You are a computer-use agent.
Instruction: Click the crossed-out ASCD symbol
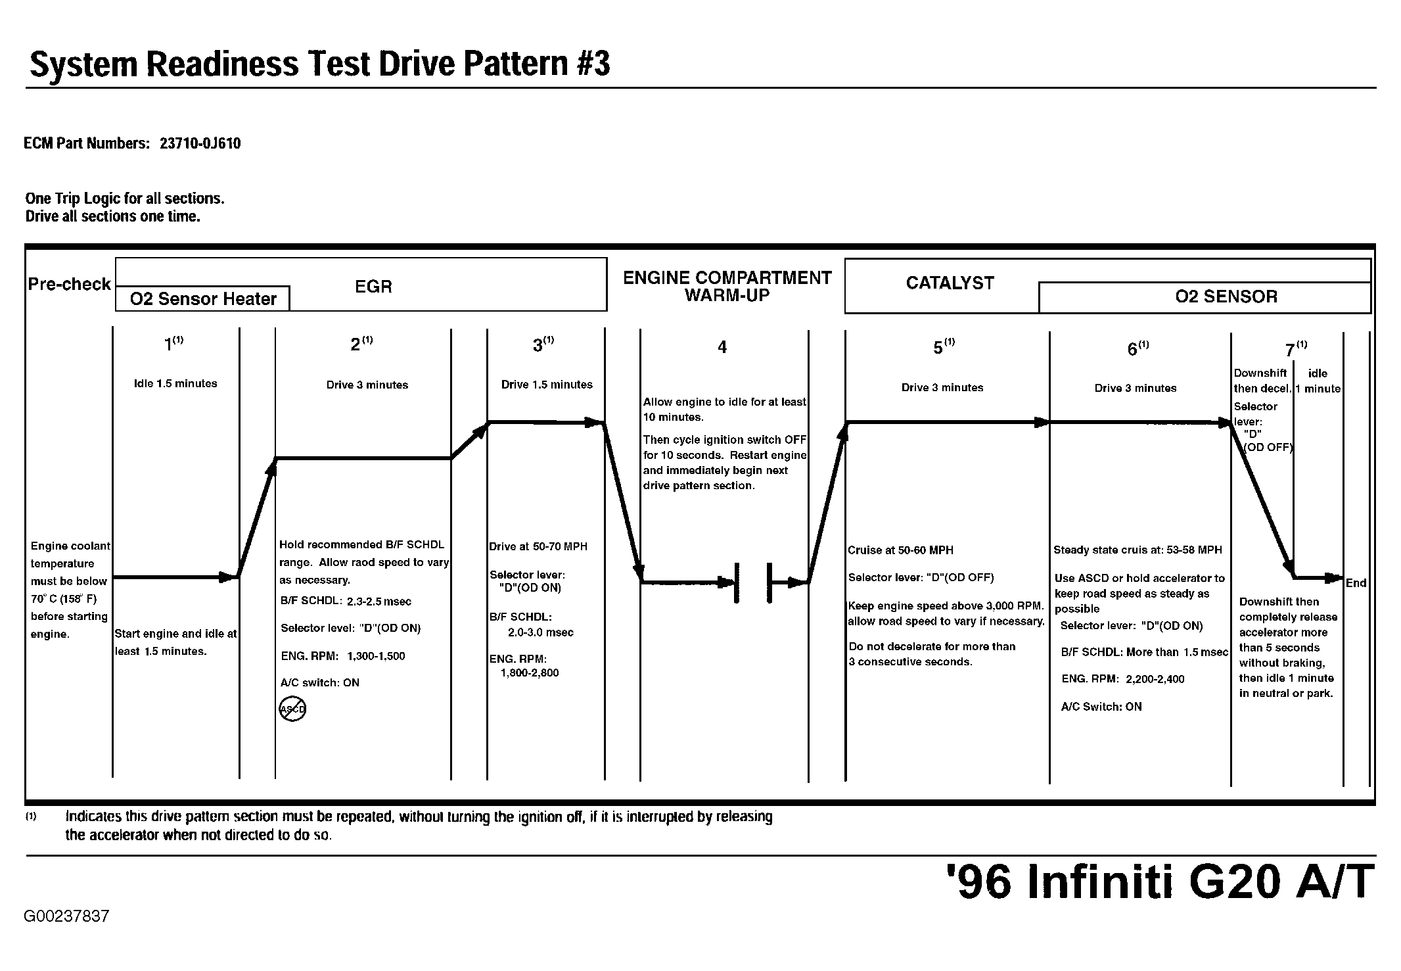[x=292, y=709]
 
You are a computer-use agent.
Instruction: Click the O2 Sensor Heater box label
[x=203, y=299]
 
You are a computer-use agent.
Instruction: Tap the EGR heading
[x=373, y=287]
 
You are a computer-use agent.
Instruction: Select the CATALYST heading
[x=950, y=283]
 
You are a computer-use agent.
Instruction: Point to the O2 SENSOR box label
[x=1226, y=296]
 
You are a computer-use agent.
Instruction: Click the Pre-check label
[x=69, y=284]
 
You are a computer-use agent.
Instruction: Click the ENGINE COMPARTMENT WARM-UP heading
[x=727, y=287]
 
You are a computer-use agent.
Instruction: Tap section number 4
[x=722, y=347]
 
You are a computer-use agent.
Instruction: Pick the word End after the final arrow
[x=1356, y=583]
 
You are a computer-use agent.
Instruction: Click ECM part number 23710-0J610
[x=200, y=143]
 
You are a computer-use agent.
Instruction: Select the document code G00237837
[x=66, y=916]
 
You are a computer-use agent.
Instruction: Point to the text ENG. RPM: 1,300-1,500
[x=342, y=656]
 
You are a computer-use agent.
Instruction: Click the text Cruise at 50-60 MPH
[x=900, y=550]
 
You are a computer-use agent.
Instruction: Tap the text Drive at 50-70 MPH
[x=538, y=546]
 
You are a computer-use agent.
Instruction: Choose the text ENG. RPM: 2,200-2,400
[x=1123, y=679]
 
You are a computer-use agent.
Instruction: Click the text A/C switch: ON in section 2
[x=320, y=682]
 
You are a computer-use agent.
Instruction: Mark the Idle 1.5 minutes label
[x=175, y=384]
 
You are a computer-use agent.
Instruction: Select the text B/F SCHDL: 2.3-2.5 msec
[x=346, y=601]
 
